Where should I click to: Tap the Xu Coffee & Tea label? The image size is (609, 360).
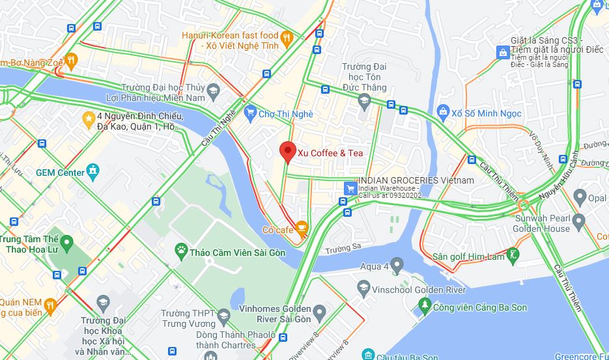[330, 153]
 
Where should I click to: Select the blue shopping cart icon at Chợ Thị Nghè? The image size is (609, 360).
[250, 114]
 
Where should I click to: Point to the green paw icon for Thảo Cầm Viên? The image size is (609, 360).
[181, 251]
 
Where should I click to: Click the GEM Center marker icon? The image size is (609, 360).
[94, 172]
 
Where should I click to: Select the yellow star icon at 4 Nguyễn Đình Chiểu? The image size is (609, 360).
[88, 118]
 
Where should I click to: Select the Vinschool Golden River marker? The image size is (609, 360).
[363, 287]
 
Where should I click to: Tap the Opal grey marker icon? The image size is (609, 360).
[580, 197]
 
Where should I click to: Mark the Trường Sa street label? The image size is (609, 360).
[343, 248]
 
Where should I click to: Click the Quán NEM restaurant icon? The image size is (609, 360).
[50, 305]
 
